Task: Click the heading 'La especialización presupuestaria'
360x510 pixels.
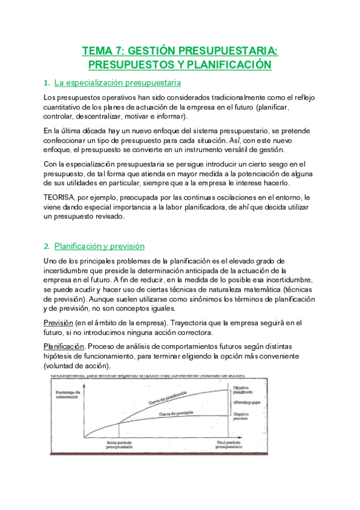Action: point(118,82)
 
